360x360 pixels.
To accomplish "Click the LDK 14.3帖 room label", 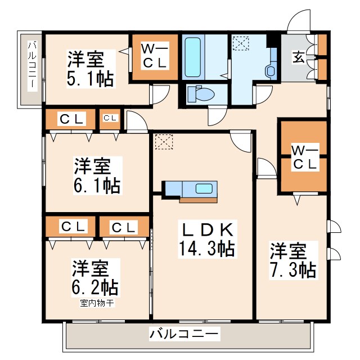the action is click(208, 239).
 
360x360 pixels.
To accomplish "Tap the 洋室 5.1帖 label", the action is click(91, 69).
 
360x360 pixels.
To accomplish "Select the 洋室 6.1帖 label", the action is click(97, 175).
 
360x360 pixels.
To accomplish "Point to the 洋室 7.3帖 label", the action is click(294, 260).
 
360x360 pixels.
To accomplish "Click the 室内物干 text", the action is click(97, 303).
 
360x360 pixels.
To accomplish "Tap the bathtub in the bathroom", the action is click(192, 57).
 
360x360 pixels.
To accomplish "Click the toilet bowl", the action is click(202, 94).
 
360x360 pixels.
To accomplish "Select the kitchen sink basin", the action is click(204, 189).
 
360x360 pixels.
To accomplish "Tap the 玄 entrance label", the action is click(299, 57).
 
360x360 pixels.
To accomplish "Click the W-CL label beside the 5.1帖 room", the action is click(155, 56).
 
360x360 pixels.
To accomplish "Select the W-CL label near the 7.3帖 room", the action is click(305, 157).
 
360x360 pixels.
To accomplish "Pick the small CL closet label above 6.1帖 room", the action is click(111, 118).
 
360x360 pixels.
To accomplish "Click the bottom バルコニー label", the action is click(184, 334).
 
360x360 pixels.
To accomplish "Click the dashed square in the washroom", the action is click(241, 43).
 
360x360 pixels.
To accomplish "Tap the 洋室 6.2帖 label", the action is click(96, 277).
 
